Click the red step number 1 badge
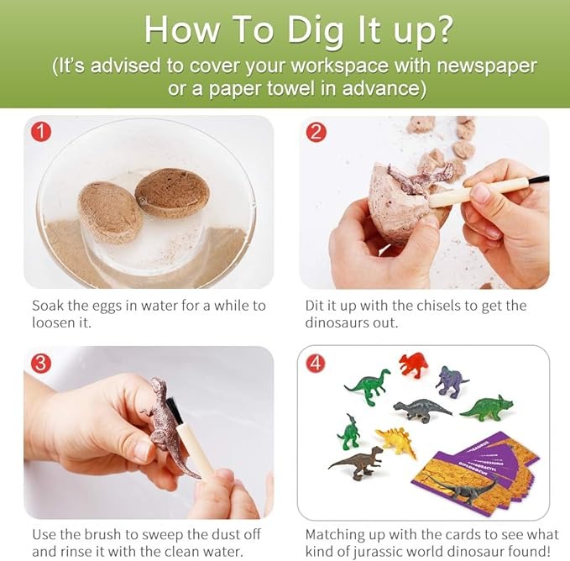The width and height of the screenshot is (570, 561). (x=41, y=133)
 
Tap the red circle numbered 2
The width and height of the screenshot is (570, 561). (x=316, y=132)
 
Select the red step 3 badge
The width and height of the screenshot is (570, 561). (x=40, y=363)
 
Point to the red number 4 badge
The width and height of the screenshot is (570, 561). (x=316, y=363)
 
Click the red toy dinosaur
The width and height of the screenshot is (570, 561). (x=412, y=364)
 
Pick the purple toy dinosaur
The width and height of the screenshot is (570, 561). (x=452, y=381)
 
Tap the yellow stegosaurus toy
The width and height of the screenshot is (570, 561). (x=396, y=440)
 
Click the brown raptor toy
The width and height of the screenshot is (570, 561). (x=358, y=461)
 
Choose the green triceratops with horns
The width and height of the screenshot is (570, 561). (x=487, y=407)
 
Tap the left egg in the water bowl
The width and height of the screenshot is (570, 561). (x=109, y=212)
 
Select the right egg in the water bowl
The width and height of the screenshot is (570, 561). (x=172, y=193)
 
